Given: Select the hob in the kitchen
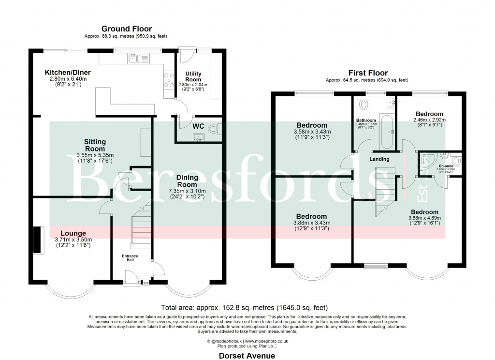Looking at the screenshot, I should [169, 79].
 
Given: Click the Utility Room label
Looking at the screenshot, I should [193, 76].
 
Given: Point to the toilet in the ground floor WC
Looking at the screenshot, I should [221, 128].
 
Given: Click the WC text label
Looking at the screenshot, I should [199, 126].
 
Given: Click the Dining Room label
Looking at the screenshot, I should [187, 180].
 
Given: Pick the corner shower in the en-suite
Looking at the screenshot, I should [426, 163].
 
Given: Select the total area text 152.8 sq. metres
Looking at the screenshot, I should [244, 307].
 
